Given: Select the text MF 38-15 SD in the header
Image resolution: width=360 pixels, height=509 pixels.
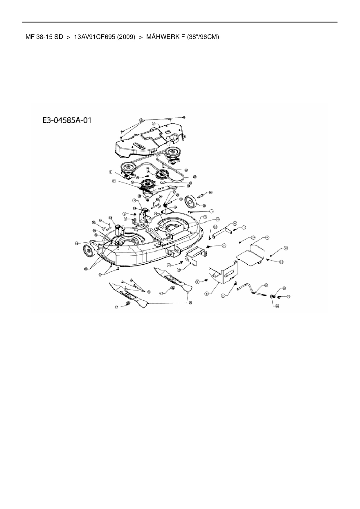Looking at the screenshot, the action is click(x=44, y=37).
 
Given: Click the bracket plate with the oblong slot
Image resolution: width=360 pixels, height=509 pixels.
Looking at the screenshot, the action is click(x=224, y=273).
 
